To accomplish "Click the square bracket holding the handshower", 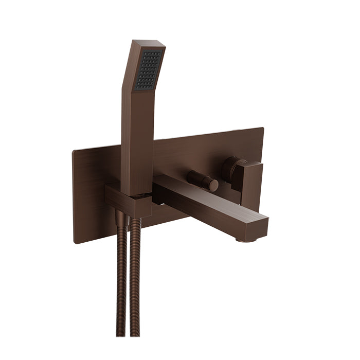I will point(129,201).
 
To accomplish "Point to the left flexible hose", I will point(121,278).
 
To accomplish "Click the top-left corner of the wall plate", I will point(74,151).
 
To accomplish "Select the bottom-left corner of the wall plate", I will point(76,242).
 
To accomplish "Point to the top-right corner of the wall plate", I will point(262,129).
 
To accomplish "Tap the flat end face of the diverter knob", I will point(213,186).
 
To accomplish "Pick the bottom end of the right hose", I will point(135,333).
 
